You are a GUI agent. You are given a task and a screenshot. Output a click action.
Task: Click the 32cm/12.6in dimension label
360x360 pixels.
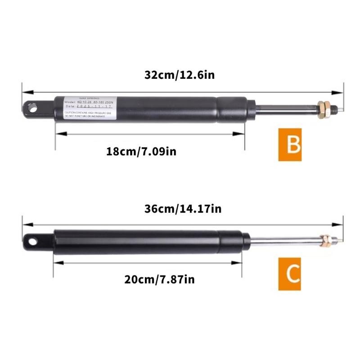coord(180,75)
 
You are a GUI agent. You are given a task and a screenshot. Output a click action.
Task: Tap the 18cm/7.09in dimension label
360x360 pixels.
coord(141,151)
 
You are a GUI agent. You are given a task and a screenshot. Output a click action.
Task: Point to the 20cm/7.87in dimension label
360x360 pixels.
coord(159,279)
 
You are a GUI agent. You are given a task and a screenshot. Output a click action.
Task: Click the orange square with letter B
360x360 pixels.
coord(289,144)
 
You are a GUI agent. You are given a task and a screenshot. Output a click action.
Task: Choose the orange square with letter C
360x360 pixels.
coord(289,274)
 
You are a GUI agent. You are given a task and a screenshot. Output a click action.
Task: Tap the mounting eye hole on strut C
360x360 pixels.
coord(33,241)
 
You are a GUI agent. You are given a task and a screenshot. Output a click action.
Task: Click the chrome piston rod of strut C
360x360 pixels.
coord(283,240)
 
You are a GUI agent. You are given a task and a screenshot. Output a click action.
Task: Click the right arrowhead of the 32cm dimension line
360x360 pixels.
coord(338,93)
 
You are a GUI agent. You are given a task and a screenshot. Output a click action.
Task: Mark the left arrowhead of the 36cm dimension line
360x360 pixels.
coord(27,224)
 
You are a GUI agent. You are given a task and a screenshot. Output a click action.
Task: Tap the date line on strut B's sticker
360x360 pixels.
coord(88,107)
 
